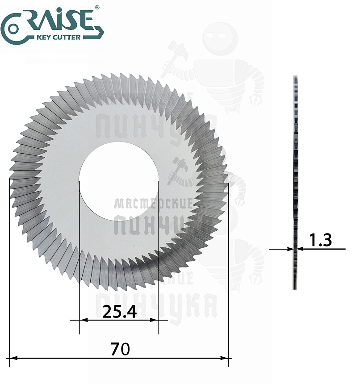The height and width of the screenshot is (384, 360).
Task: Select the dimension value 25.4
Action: coord(119,311)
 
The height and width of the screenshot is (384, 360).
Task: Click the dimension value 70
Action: coord(119,349)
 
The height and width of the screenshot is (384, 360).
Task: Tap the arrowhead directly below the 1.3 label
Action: coord(301,249)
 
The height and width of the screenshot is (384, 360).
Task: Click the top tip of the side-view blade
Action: coord(295,76)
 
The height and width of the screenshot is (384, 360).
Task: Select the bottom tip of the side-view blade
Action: coord(295,289)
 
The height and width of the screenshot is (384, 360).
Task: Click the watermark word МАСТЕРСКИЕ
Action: coord(153,204)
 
